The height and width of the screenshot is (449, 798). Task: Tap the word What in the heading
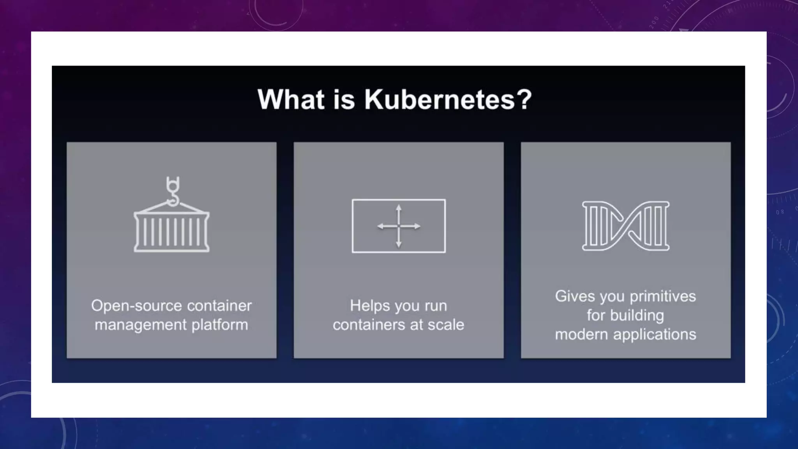pyautogui.click(x=291, y=100)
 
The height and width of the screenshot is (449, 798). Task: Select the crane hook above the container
pyautogui.click(x=173, y=191)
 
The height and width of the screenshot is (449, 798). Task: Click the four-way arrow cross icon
pyautogui.click(x=399, y=226)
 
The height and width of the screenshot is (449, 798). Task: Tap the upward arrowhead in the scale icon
pyautogui.click(x=399, y=208)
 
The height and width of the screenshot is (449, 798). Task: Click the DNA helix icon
pyautogui.click(x=625, y=226)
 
